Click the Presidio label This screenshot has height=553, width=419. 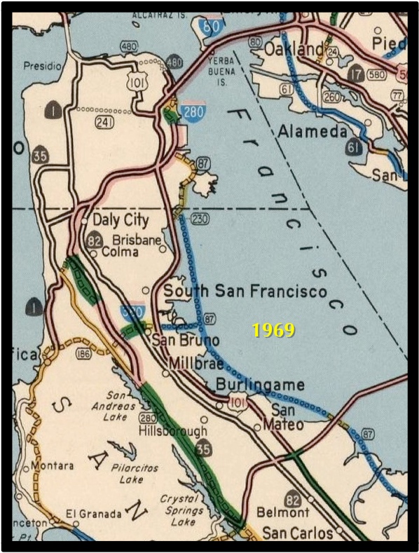(x=43, y=66)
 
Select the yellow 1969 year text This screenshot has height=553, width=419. (x=274, y=330)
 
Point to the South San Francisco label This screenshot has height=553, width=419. (x=245, y=291)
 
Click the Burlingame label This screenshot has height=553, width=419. (x=260, y=385)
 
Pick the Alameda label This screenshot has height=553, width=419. (x=312, y=132)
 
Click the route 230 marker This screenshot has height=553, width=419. (x=200, y=219)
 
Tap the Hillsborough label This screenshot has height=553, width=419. (x=173, y=431)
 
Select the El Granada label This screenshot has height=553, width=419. (x=93, y=514)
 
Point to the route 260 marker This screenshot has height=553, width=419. (x=330, y=95)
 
